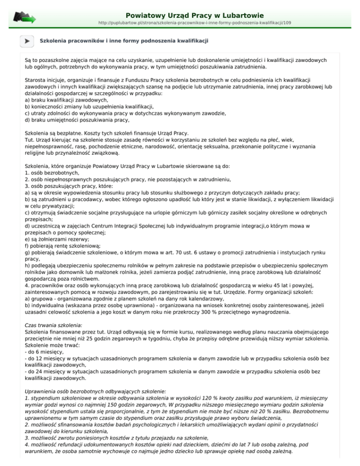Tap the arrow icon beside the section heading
click(x=27, y=42)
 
